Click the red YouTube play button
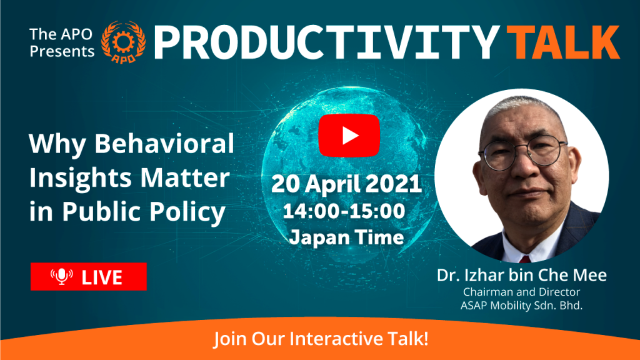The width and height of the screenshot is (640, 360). tap(349, 136)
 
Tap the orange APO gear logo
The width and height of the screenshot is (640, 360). tap(123, 42)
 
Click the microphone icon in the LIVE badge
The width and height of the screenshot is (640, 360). tap(62, 276)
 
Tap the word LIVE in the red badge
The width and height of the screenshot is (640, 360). tap(102, 277)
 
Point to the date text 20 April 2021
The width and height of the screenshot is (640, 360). tap(346, 184)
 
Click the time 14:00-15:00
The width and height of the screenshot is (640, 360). tap(344, 211)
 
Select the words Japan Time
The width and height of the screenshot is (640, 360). tap(346, 237)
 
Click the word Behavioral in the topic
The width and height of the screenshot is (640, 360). tap(164, 143)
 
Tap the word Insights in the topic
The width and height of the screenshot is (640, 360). tap(80, 178)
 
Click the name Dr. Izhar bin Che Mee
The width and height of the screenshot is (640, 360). tap(522, 275)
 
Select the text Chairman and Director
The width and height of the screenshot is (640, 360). tap(521, 292)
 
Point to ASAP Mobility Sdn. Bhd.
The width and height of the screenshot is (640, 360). tap(521, 305)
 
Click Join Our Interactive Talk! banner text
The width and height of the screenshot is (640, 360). tap(321, 339)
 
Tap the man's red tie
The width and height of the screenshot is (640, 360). tap(525, 259)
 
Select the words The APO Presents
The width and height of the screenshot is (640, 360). tap(62, 42)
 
